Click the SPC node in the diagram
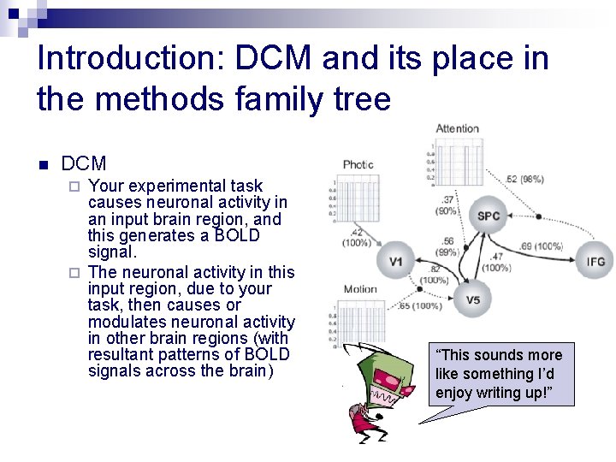tap(489, 216)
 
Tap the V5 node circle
tap(473, 299)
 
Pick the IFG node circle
tap(595, 260)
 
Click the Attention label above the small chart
tap(458, 128)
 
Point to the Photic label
tap(358, 164)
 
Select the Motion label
tap(360, 289)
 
